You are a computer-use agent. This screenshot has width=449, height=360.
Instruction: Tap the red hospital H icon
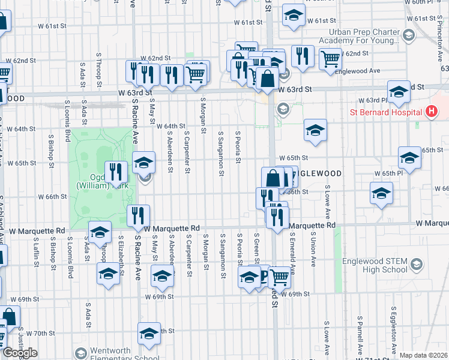(x=430, y=112)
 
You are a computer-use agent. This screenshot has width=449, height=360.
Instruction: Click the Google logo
(x=20, y=353)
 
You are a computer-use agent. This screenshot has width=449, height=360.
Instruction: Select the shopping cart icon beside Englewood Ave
(x=330, y=59)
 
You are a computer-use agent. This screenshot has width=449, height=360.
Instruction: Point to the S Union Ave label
(x=313, y=251)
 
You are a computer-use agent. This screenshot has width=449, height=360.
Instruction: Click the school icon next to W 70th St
(x=149, y=334)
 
